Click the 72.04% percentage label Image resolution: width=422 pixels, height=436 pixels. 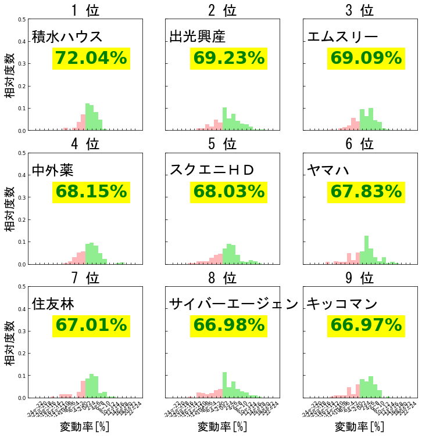click(91, 58)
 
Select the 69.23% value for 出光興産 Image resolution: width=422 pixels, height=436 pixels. click(228, 58)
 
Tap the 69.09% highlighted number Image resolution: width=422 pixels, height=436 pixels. click(366, 58)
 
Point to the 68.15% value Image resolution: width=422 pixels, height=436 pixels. click(91, 192)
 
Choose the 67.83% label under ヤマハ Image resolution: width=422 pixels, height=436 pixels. click(366, 192)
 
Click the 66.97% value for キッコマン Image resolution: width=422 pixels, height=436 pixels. click(366, 325)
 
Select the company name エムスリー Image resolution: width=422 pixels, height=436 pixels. click(343, 37)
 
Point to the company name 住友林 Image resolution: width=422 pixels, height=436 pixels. click(53, 304)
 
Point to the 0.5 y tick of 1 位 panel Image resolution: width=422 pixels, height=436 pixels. click(22, 20)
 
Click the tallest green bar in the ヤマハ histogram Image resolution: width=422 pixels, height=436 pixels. click(366, 250)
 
